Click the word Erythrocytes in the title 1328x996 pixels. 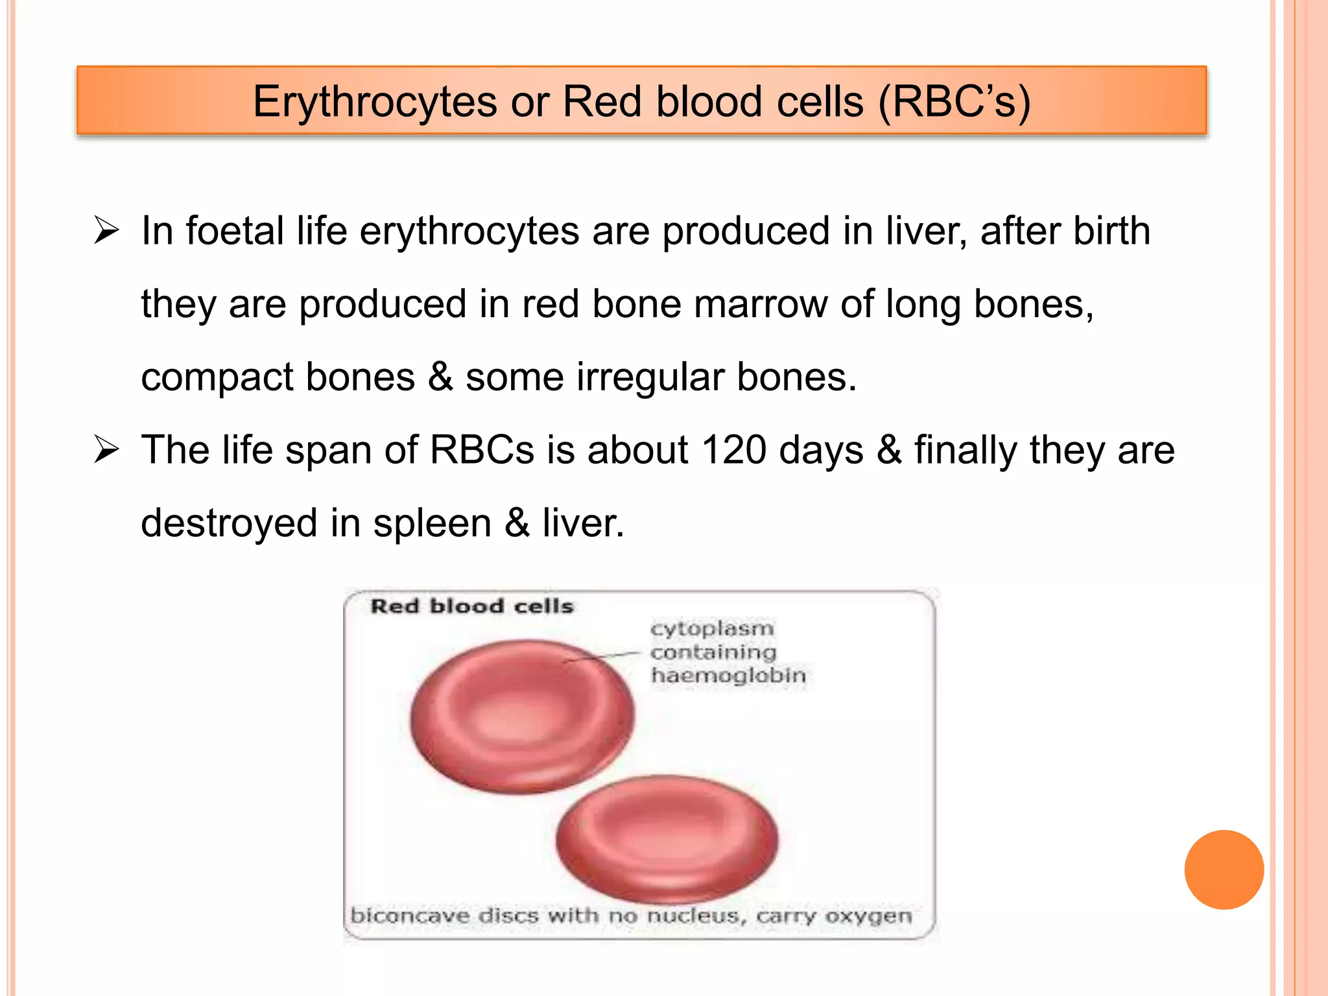pos(375,102)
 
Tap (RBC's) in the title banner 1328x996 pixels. pos(954,102)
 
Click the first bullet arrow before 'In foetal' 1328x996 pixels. pos(106,231)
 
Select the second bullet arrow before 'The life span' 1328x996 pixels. pos(106,450)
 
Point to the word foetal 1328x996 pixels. pos(235,231)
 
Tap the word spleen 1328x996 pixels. pos(432,523)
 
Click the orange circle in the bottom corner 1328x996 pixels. pos(1224,870)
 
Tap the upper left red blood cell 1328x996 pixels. pos(523,716)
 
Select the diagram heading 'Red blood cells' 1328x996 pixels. pos(472,606)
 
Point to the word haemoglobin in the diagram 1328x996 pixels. pos(728,676)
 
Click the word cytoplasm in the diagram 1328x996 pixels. pos(712,628)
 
